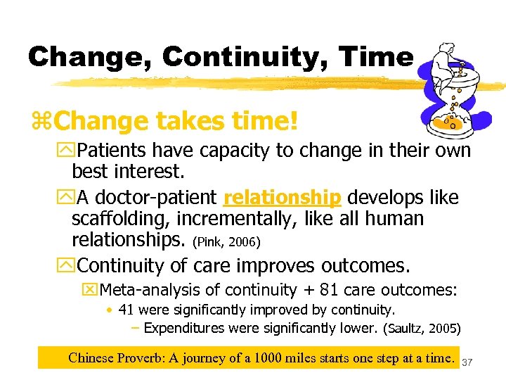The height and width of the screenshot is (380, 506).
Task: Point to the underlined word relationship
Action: (282, 196)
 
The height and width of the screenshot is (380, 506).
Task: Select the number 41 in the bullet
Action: (126, 310)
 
